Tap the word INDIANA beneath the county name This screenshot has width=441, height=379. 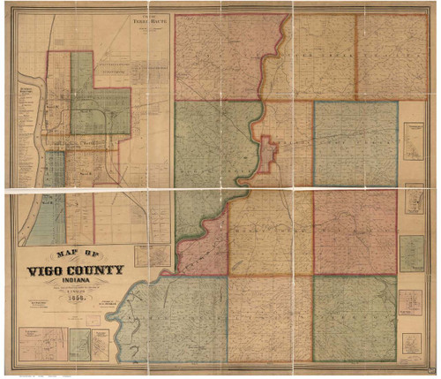point(74,283)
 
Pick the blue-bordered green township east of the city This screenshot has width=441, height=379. point(355,144)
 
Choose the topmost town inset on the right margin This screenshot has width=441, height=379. point(414,141)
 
